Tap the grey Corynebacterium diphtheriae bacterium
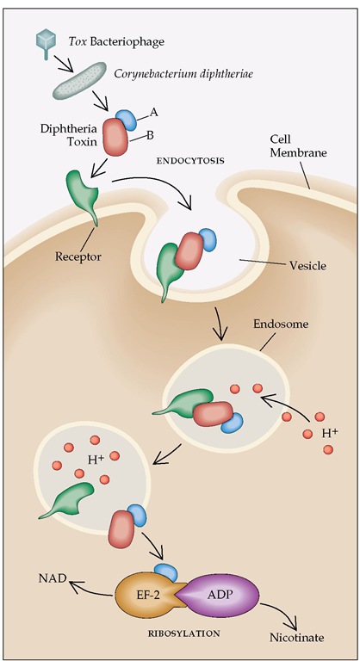click(x=79, y=80)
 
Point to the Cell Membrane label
click(x=298, y=145)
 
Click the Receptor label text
click(x=78, y=256)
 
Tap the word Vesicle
click(x=307, y=266)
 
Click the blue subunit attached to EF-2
click(x=166, y=572)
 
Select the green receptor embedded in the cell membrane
click(x=83, y=196)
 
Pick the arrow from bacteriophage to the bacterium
click(x=65, y=64)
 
